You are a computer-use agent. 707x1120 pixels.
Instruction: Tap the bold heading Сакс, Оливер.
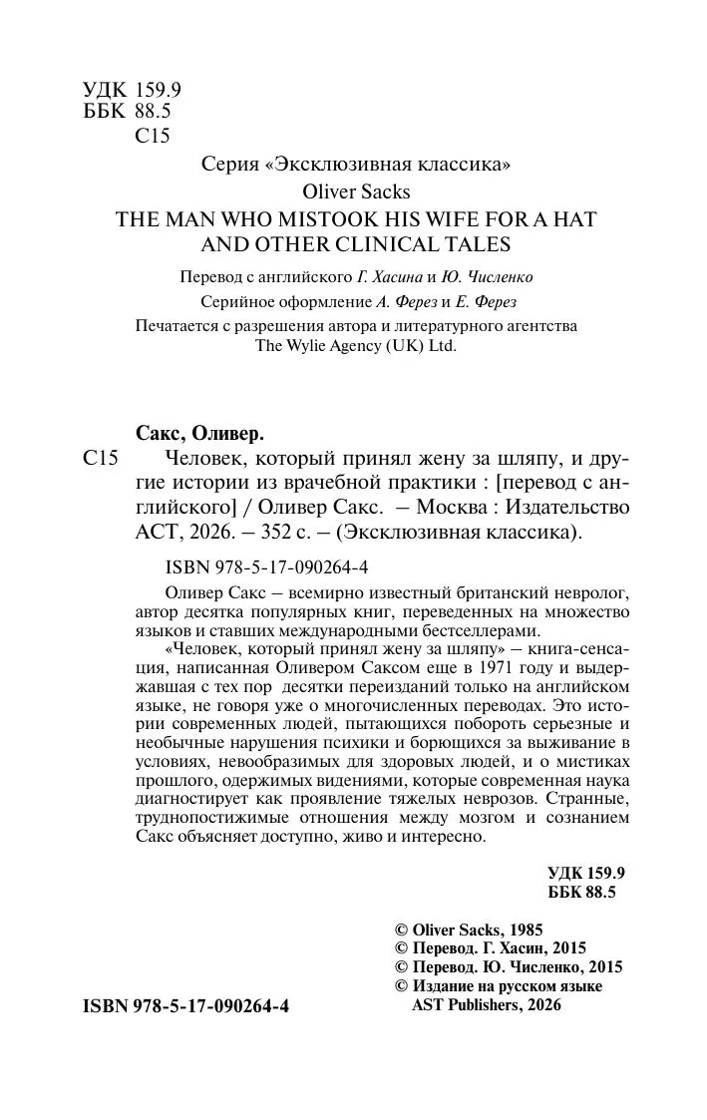point(198,433)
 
